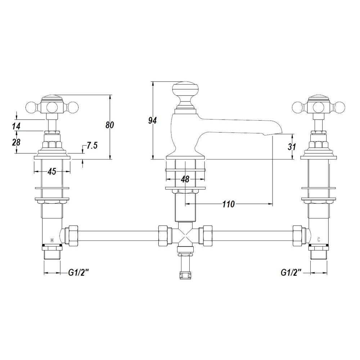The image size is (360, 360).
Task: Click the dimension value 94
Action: [x=152, y=121]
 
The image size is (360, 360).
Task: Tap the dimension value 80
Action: [x=110, y=125]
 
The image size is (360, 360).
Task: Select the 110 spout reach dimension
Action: [x=229, y=204]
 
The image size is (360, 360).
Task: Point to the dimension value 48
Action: [x=185, y=179]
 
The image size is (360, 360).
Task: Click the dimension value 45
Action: [x=52, y=171]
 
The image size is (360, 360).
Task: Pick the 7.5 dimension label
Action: [x=92, y=145]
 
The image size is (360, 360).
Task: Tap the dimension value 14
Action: [x=16, y=126]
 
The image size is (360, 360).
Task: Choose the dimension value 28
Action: [x=16, y=142]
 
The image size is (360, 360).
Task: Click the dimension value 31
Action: [x=292, y=147]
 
